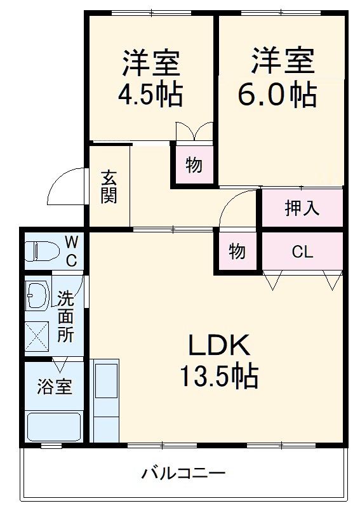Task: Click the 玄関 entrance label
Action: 109,186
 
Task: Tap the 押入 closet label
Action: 302,207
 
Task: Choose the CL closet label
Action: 302,252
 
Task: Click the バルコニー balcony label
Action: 183,473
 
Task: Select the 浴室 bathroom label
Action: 54,387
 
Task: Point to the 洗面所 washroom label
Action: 66,317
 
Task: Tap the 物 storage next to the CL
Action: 237,252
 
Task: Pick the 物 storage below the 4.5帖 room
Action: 194,166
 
